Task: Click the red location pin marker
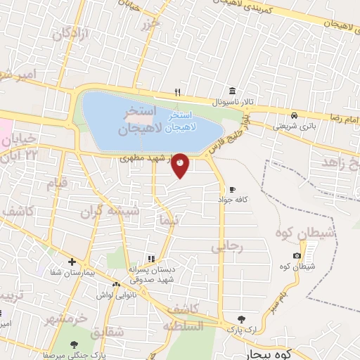(181, 165)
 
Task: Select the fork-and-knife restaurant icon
(178, 92)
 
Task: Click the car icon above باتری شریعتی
(294, 115)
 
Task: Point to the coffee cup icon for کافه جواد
(232, 189)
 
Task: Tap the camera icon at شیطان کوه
(297, 255)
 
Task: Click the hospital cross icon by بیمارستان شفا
(72, 261)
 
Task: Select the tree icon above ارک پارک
(243, 318)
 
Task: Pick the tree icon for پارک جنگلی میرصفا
(74, 345)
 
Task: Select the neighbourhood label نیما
(170, 219)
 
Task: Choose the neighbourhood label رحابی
(226, 247)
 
